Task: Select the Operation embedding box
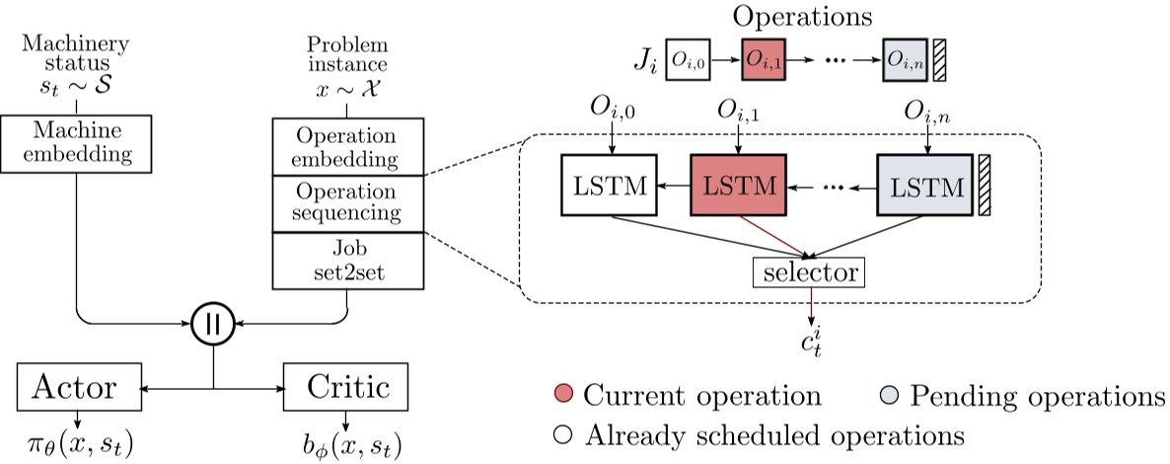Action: (x=347, y=147)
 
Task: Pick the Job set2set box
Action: (x=347, y=260)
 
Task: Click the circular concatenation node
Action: (x=213, y=325)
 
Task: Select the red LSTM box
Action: (x=737, y=185)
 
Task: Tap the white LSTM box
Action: (x=609, y=185)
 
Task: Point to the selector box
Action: (x=808, y=271)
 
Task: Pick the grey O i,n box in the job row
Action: (x=905, y=59)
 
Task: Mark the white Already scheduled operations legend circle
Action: (x=563, y=434)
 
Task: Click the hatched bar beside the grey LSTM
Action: (x=984, y=185)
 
